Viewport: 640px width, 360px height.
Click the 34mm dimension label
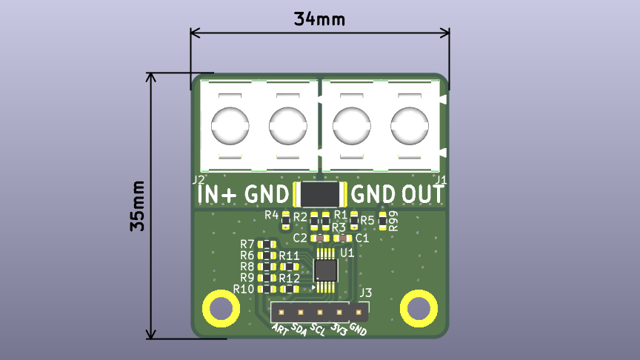pos(319,19)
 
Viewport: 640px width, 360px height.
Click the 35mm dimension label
pos(138,206)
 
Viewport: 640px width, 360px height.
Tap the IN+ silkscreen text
pos(219,194)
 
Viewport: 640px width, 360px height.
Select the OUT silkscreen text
pos(423,194)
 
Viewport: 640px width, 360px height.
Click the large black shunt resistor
pos(321,194)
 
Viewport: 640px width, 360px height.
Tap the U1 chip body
pos(325,270)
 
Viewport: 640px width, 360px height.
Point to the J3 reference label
pos(365,293)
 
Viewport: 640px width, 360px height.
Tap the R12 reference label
pos(290,279)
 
